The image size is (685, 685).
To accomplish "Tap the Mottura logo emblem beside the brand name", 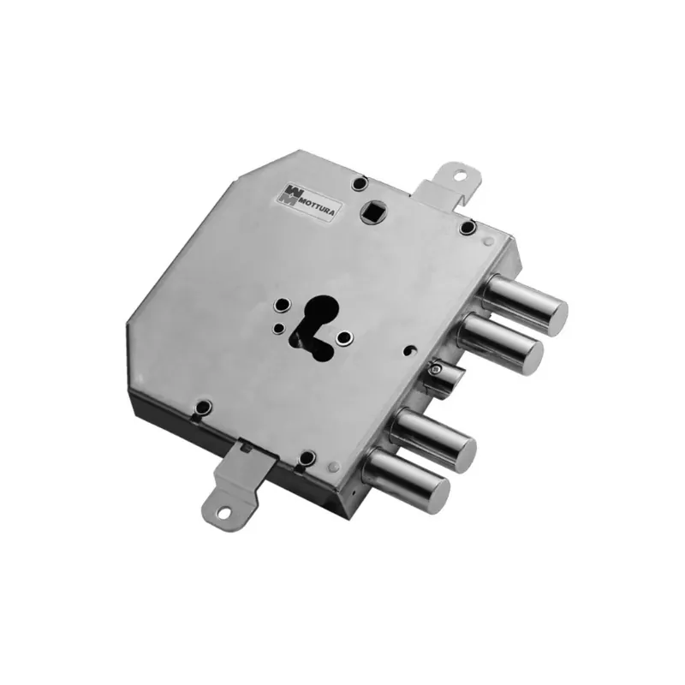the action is (x=291, y=194).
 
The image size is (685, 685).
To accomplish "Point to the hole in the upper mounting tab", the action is (x=460, y=176).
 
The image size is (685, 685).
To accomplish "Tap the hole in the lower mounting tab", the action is (x=223, y=511).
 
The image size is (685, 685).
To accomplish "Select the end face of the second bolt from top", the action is (x=531, y=352).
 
